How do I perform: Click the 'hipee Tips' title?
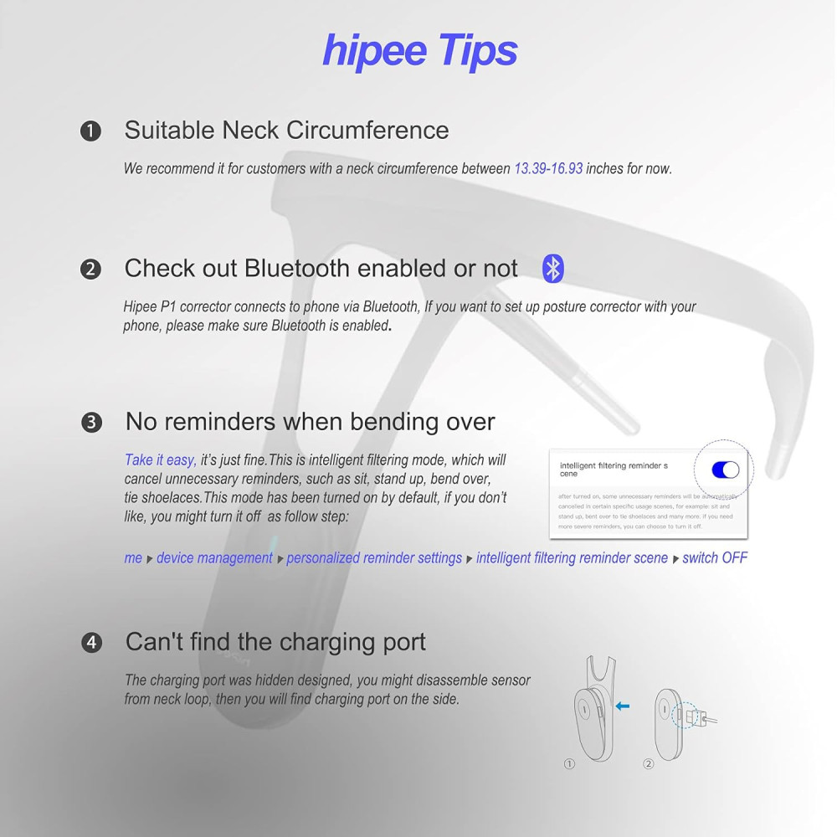419,50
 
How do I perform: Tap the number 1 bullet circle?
90,131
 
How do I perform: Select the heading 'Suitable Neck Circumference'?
286,131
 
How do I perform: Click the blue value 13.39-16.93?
547,168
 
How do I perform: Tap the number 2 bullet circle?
90,270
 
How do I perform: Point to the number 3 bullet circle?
91,422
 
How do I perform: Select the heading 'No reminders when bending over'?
310,421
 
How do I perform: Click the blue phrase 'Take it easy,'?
161,460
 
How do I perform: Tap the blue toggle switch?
725,470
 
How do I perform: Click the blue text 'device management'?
214,557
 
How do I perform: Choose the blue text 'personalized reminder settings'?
374,557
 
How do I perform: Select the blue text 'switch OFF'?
715,557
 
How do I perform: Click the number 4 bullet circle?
91,643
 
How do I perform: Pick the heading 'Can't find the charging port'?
275,642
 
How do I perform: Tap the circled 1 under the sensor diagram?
570,763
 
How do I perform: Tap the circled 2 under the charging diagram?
648,763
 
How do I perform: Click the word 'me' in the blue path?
133,557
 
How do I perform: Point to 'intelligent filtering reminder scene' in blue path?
572,557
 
